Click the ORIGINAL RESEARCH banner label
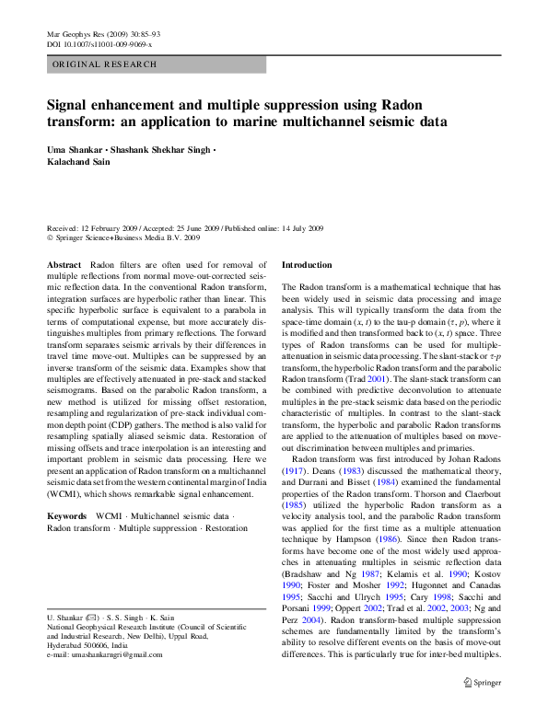(104, 64)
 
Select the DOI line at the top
(99, 43)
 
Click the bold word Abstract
(64, 264)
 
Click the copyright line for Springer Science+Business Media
(123, 237)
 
